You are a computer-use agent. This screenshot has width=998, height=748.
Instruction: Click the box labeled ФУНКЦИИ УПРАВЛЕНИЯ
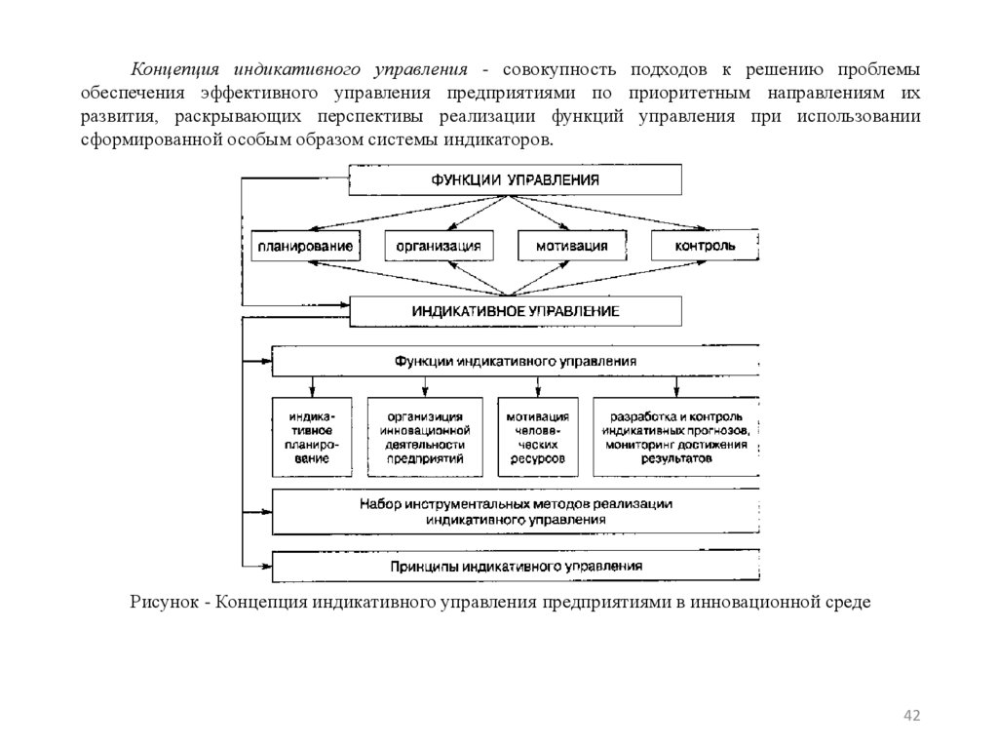[516, 179]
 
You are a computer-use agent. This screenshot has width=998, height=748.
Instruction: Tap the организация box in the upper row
[439, 246]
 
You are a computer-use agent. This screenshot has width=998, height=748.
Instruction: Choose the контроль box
[705, 246]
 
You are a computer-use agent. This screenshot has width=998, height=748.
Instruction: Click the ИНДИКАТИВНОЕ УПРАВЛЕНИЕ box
[516, 311]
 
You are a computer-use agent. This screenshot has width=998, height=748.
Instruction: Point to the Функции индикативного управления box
[516, 361]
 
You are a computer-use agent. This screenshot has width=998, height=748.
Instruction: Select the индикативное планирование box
[311, 437]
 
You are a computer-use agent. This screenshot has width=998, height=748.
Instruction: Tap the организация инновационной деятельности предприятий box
[424, 437]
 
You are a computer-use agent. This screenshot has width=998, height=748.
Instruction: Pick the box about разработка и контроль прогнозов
[675, 437]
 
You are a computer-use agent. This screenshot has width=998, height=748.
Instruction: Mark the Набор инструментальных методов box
[516, 512]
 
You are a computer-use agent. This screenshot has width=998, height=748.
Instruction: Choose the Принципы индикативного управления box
[516, 566]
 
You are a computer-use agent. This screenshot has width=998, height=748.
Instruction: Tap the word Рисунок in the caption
[162, 602]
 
